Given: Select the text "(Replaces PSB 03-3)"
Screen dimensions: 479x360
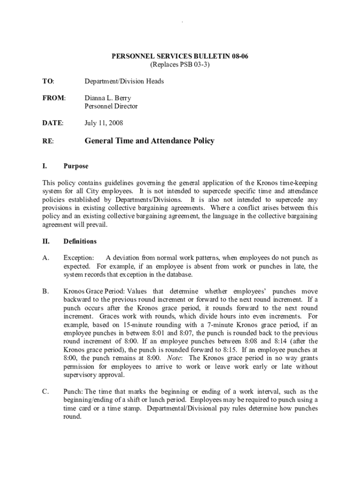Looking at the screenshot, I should (180, 65).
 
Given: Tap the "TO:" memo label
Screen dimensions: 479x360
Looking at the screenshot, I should (48, 81).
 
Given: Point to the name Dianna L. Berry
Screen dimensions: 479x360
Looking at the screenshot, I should (108, 98).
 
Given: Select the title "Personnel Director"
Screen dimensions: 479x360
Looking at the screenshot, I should (111, 106).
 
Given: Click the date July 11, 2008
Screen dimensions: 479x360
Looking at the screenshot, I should (104, 123).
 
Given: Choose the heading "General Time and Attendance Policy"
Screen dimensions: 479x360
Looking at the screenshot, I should (149, 140).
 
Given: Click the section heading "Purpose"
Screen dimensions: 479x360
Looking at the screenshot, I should (76, 166).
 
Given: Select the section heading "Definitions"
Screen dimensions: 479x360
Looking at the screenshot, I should (80, 241).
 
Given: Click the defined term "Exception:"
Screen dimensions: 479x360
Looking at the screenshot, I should (79, 258).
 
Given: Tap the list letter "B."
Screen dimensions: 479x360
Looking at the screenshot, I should (45, 291).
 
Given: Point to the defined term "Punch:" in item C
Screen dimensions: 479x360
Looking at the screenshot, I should (73, 392).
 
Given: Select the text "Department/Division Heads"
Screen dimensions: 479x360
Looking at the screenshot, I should (124, 81).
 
